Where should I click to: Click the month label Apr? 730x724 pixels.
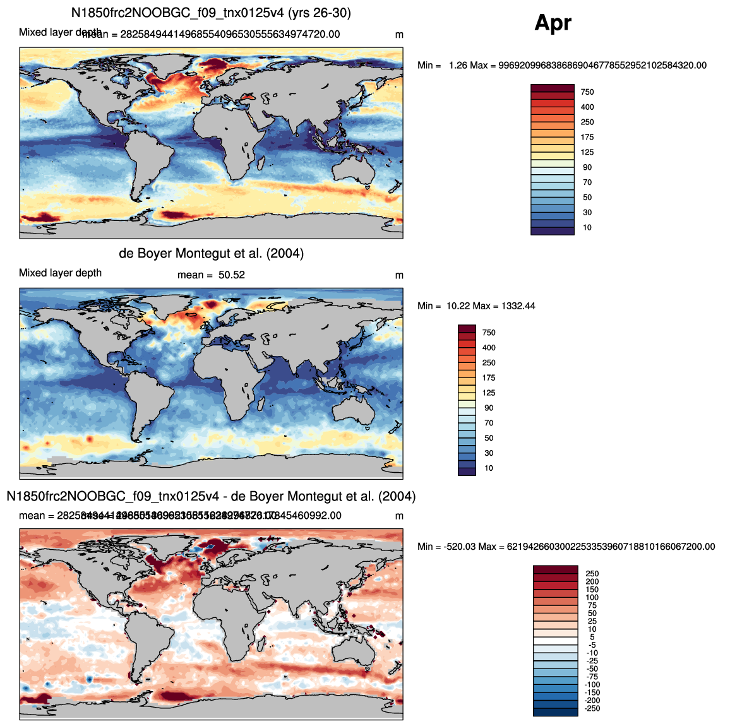pyautogui.click(x=553, y=23)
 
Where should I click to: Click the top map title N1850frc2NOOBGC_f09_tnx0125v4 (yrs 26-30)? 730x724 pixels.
pyautogui.click(x=211, y=13)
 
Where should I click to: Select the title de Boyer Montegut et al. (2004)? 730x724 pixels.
pyautogui.click(x=211, y=254)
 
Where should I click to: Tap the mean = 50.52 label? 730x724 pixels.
pyautogui.click(x=211, y=275)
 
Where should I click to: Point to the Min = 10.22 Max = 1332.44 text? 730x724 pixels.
pyautogui.click(x=476, y=306)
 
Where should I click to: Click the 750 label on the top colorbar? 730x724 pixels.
pyautogui.click(x=587, y=92)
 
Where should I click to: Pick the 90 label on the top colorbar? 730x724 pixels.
pyautogui.click(x=587, y=167)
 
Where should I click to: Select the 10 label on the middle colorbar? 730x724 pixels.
pyautogui.click(x=489, y=468)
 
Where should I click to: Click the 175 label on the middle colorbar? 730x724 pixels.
pyautogui.click(x=489, y=378)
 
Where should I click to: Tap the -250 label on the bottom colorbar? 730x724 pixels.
pyautogui.click(x=592, y=709)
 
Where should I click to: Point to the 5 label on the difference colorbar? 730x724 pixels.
pyautogui.click(x=592, y=638)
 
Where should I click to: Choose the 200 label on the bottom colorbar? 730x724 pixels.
pyautogui.click(x=592, y=582)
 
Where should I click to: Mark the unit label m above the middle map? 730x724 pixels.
pyautogui.click(x=399, y=275)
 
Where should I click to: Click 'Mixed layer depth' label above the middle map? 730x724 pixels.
pyautogui.click(x=60, y=273)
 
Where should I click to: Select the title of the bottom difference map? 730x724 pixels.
pyautogui.click(x=211, y=497)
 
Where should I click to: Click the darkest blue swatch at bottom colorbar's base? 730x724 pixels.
pyautogui.click(x=555, y=712)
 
